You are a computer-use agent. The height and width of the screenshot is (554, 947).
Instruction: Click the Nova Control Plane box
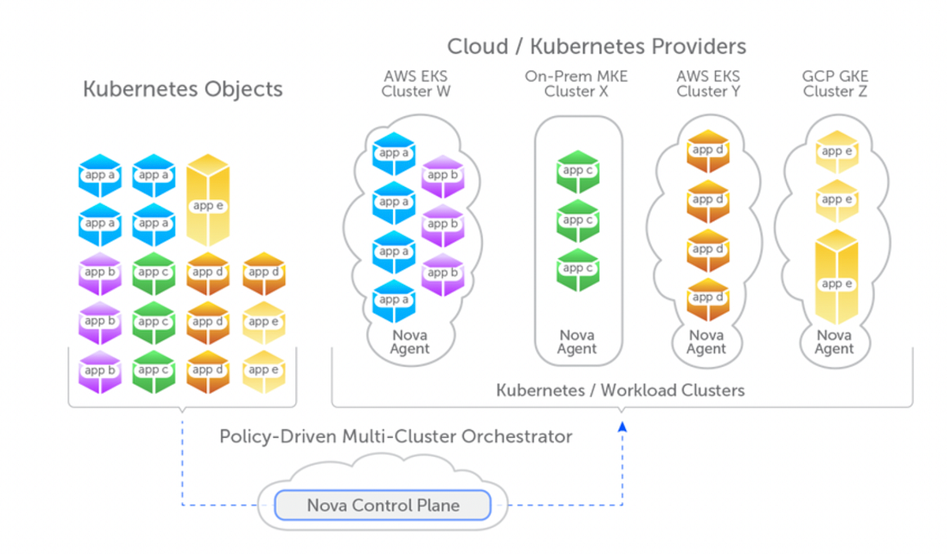[x=383, y=505]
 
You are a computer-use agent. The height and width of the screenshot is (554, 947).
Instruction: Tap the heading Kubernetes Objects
[x=182, y=88]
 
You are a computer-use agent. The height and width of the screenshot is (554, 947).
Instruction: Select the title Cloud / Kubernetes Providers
[x=597, y=47]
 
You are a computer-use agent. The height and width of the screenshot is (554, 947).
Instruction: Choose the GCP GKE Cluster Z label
[x=835, y=84]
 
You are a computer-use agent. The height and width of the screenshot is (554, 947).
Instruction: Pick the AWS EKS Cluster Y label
[x=707, y=84]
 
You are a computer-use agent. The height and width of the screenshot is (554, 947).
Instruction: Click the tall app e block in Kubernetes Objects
[x=208, y=203]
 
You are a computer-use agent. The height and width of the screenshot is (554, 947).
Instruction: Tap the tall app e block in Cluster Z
[x=836, y=281]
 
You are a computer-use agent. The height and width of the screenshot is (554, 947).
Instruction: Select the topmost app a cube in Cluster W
[x=394, y=154]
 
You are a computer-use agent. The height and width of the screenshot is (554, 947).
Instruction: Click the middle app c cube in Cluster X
[x=578, y=220]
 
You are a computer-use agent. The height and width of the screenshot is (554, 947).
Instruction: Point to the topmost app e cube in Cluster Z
[x=836, y=152]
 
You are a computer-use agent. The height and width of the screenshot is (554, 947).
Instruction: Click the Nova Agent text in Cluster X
[x=577, y=343]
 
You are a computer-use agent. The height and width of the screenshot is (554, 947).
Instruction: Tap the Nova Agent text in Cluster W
[x=410, y=343]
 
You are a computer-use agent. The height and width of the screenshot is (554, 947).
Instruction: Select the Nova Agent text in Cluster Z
[x=834, y=343]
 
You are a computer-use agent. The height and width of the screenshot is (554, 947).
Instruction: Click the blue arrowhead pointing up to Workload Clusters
[x=622, y=426]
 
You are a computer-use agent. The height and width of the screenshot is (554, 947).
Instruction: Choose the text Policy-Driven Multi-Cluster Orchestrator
[x=395, y=436]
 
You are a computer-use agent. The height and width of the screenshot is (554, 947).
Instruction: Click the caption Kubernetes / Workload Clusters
[x=620, y=390]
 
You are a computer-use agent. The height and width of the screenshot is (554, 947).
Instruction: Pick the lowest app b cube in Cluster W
[x=443, y=274]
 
